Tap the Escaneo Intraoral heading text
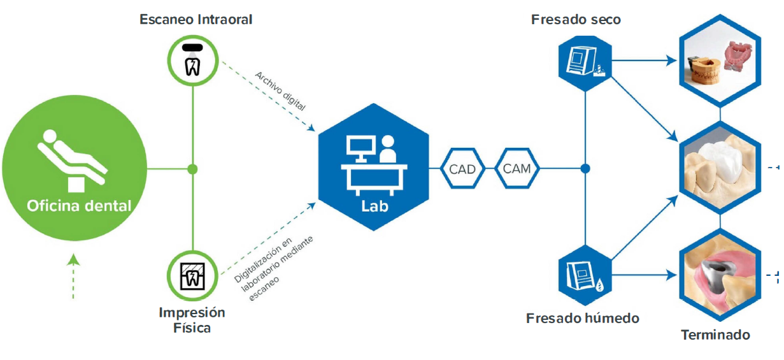pos(196,20)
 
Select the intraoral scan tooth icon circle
pos(192,57)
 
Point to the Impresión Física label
pos(192,320)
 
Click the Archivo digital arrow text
pos(280,91)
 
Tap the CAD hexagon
pos(463,169)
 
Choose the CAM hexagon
pos(517,169)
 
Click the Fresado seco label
pos(576,20)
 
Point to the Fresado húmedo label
pos(583,318)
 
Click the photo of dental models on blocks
pos(719,61)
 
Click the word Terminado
pos(715,335)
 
